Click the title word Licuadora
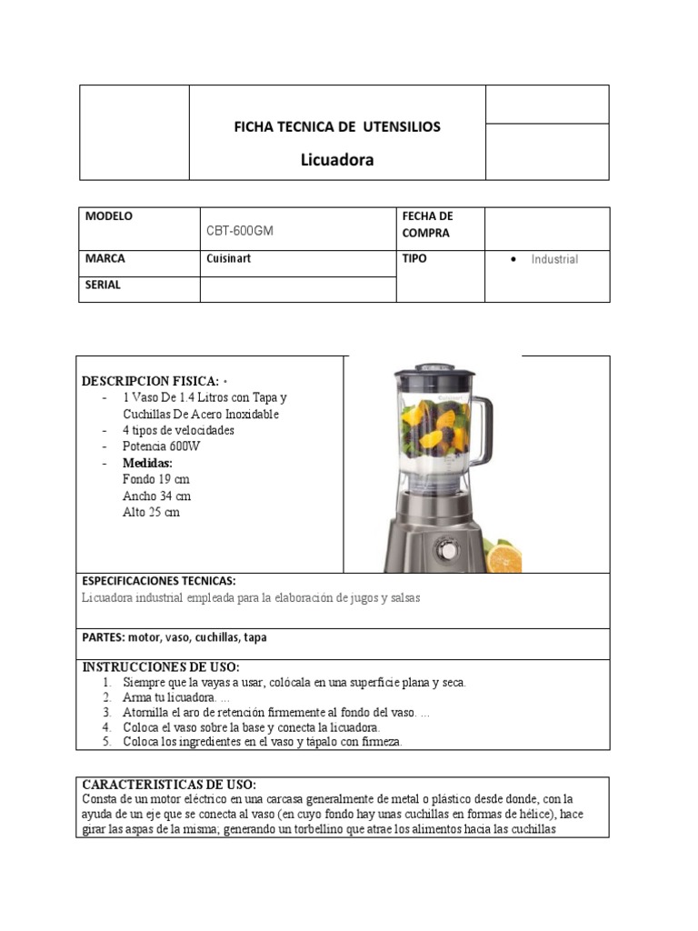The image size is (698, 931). pyautogui.click(x=337, y=161)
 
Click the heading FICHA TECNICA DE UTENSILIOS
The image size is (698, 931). pyautogui.click(x=337, y=126)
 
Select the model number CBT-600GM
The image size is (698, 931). pyautogui.click(x=240, y=231)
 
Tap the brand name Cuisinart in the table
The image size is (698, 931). pyautogui.click(x=229, y=259)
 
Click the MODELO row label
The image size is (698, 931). pyautogui.click(x=109, y=216)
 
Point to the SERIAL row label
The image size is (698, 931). pyautogui.click(x=103, y=285)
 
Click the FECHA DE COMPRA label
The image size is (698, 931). pyautogui.click(x=427, y=225)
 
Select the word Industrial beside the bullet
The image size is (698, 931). pyautogui.click(x=554, y=259)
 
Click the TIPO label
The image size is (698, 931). pyautogui.click(x=414, y=258)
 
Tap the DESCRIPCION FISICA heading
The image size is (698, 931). pyautogui.click(x=150, y=380)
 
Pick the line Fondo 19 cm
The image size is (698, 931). pyautogui.click(x=155, y=479)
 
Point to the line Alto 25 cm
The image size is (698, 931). pyautogui.click(x=151, y=512)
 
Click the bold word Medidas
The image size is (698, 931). pyautogui.click(x=147, y=463)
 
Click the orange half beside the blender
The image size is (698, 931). pyautogui.click(x=503, y=557)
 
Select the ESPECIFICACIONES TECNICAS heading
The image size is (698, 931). pyautogui.click(x=159, y=580)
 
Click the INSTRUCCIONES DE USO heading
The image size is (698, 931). pyautogui.click(x=161, y=666)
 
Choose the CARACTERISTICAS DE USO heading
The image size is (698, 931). pyautogui.click(x=169, y=784)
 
